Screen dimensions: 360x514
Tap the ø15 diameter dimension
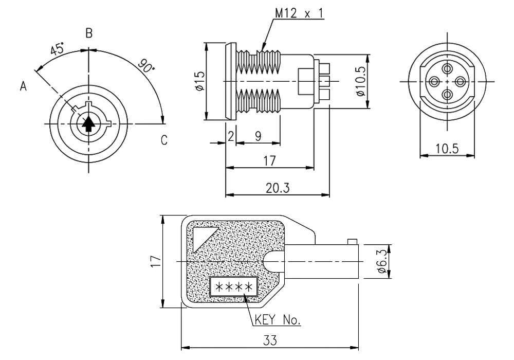(x=199, y=82)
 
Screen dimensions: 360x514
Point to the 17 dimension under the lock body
(x=269, y=161)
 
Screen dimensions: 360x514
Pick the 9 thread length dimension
(x=258, y=136)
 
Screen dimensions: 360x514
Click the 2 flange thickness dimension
(x=231, y=136)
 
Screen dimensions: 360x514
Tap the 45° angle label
(x=58, y=50)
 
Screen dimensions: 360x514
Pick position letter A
(x=23, y=87)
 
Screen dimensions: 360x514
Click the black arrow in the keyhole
(x=89, y=123)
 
